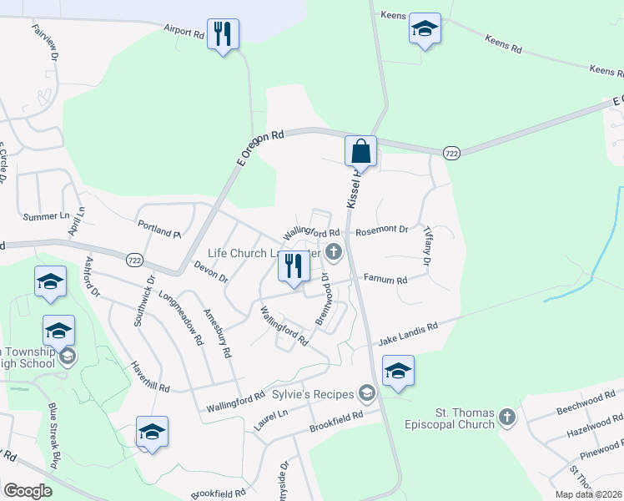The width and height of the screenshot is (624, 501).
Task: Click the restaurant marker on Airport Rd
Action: click(x=223, y=35)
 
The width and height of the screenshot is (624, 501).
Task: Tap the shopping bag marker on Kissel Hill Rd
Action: click(x=360, y=153)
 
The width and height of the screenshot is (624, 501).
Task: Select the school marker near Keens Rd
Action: click(x=425, y=31)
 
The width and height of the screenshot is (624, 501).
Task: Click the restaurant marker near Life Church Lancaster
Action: click(x=294, y=266)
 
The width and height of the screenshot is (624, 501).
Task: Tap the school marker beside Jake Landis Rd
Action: click(x=398, y=372)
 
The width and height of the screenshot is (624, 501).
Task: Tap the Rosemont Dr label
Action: click(x=382, y=230)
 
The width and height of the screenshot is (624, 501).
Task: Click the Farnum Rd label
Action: click(x=386, y=281)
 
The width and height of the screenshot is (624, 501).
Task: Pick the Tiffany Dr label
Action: click(x=427, y=246)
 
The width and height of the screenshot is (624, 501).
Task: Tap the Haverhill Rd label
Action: click(x=150, y=377)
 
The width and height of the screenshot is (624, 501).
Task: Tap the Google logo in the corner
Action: click(x=27, y=490)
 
